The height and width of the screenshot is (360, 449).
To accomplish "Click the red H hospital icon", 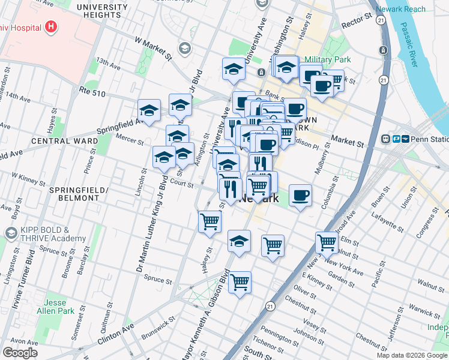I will (51, 27).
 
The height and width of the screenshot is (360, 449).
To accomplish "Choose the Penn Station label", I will (427, 139).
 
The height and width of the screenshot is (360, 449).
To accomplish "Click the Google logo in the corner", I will (20, 353).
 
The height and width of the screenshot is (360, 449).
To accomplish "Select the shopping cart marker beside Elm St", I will (327, 243).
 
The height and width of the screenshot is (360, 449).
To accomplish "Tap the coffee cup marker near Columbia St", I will (300, 195).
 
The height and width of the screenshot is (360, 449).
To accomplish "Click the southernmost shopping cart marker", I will (240, 281).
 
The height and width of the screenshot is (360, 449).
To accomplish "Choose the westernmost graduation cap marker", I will (149, 110).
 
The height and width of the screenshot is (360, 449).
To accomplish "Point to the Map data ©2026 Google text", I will (411, 355).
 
